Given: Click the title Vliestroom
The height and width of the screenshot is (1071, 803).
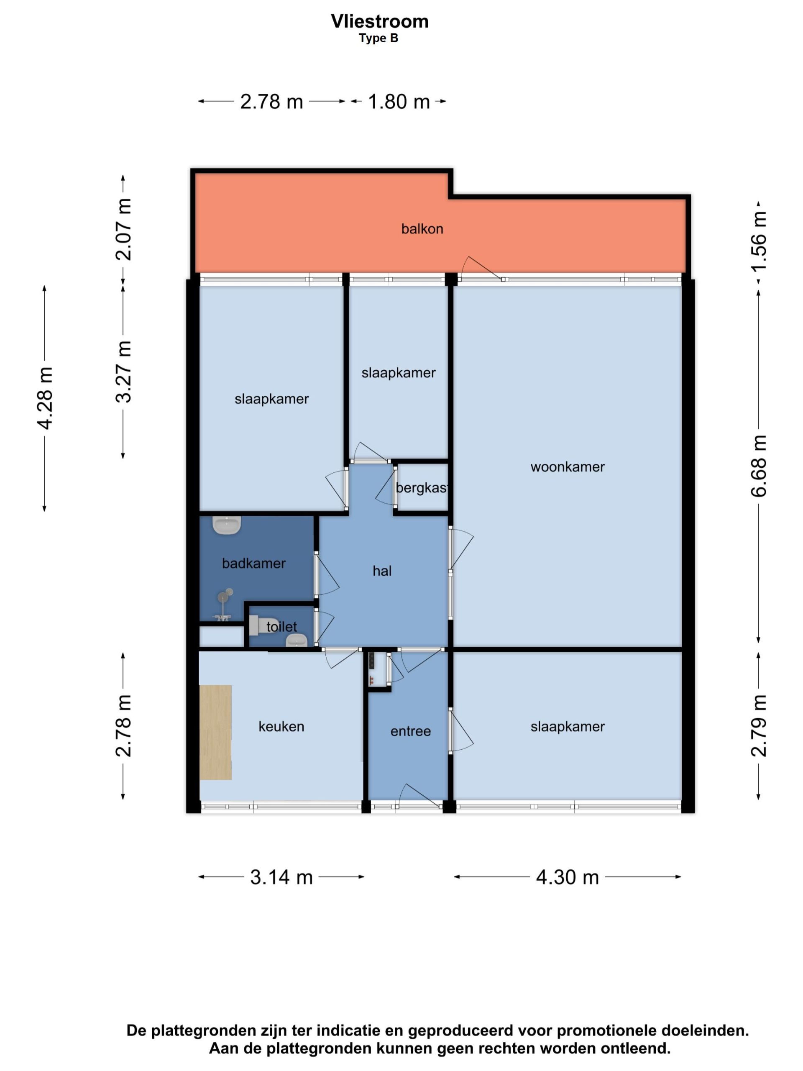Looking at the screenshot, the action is tap(379, 21).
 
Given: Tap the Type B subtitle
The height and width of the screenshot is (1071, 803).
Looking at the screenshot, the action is tap(378, 38).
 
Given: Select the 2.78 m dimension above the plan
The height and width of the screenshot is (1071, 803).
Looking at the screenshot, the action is tap(271, 102).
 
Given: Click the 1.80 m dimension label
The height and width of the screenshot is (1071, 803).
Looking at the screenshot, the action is tap(399, 102).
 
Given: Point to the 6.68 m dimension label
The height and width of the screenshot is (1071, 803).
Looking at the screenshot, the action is tap(759, 466).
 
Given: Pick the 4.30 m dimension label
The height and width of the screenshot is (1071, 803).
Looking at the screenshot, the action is tap(567, 877).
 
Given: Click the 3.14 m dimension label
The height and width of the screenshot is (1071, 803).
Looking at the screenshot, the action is tap(281, 877).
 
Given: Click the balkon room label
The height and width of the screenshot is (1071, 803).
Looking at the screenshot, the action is tap(422, 228).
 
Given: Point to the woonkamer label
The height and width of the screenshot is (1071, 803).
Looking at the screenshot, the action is tap(567, 467).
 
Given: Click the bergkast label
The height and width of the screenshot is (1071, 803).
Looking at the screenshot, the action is tap(421, 487).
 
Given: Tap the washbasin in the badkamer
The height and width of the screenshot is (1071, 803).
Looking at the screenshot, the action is tap(227, 525).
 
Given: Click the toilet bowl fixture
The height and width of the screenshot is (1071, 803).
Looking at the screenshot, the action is tap(258, 625).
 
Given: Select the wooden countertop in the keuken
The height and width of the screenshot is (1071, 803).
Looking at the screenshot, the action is tap(215, 733).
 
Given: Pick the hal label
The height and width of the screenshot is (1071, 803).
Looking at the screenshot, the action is tap(382, 571).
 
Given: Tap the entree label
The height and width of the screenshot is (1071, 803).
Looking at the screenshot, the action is tap(410, 731).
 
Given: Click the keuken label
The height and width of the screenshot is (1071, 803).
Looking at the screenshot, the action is tap(281, 726).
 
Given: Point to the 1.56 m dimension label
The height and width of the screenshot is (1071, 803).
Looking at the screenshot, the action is tap(759, 241).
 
